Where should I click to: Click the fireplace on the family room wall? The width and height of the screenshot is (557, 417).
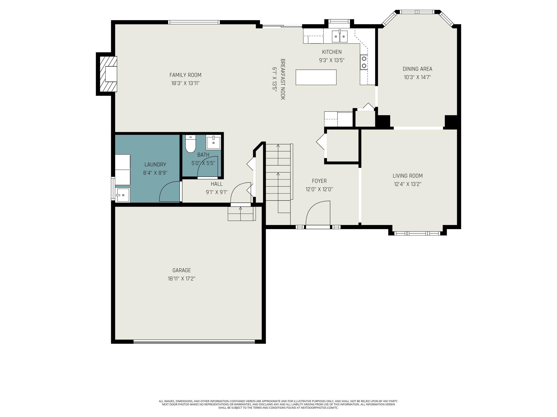pos(108,74)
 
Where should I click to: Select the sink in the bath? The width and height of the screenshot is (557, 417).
pos(213,142)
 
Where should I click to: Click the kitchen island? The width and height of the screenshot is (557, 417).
pos(316,77)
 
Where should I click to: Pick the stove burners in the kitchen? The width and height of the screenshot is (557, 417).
pos(364,62)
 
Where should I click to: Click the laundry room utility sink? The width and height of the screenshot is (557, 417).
pos(123,195)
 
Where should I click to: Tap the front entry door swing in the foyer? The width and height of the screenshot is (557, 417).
pos(318,213)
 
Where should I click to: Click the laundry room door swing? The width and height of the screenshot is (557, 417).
pos(170,191)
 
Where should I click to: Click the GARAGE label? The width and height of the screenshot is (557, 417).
pos(182,270)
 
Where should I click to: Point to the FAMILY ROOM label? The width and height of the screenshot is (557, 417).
pos(185,75)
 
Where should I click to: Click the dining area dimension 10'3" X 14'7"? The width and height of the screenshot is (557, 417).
pos(417,77)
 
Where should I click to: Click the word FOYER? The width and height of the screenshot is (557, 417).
pos(319,181)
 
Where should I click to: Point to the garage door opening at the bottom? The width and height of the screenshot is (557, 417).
pos(194,341)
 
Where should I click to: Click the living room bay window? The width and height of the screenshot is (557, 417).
pos(417,233)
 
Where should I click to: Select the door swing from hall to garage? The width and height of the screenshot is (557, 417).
pos(240,193)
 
